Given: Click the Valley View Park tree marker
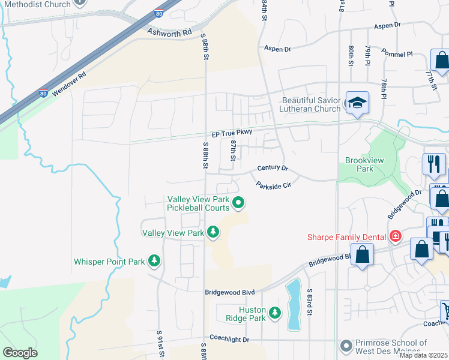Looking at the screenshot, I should tap(212, 232).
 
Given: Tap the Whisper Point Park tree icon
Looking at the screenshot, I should tap(155, 261).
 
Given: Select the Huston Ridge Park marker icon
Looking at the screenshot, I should tap(275, 313).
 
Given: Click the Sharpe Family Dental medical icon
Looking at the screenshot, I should tap(395, 236).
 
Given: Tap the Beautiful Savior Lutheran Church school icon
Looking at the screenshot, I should tap(357, 104).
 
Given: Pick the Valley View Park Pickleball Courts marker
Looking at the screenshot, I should tap(238, 203).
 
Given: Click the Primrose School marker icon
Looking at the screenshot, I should tap(346, 346).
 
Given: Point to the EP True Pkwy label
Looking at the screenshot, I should tap(231, 133).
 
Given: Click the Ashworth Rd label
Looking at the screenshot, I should tap(170, 32).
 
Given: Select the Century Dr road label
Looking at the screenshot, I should tap(273, 169).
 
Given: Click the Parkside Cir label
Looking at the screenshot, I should tap(273, 185).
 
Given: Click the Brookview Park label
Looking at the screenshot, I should tap(359, 164).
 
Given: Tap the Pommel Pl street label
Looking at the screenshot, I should tap(401, 54).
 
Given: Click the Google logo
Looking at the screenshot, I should tap(20, 353).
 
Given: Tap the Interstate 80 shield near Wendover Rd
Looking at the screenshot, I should tap(43, 93).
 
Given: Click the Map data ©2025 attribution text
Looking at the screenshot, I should tap(423, 355).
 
